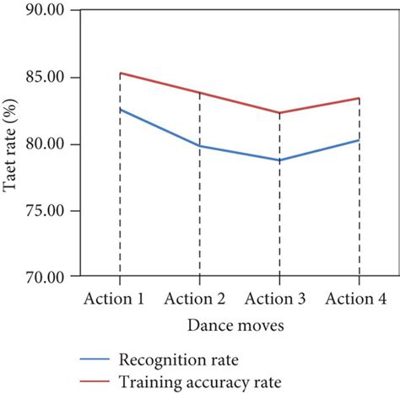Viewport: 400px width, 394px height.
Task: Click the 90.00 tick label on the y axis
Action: (x=44, y=12)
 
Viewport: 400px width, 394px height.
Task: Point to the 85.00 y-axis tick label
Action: (x=44, y=78)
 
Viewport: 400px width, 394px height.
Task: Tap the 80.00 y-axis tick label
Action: (x=44, y=144)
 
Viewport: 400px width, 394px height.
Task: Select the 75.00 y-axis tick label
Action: (x=44, y=211)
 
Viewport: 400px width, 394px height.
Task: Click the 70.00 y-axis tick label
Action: (x=44, y=277)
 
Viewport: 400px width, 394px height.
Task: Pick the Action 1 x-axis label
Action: (x=119, y=299)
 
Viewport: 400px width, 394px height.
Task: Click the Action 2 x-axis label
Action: (x=199, y=299)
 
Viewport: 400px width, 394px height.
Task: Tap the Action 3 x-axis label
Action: (x=279, y=299)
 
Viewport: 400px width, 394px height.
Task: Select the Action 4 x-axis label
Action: (x=359, y=299)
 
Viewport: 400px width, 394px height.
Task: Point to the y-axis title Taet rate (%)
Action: (x=11, y=145)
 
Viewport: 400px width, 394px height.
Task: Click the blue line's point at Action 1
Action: (x=120, y=110)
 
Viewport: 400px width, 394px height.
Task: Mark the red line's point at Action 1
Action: (x=120, y=73)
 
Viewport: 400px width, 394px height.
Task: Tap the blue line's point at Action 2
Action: (x=199, y=146)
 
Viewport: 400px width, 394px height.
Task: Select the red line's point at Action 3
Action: (x=279, y=113)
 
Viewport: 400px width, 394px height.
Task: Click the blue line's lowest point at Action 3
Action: (x=279, y=160)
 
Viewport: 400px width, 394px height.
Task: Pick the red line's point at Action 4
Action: (x=359, y=99)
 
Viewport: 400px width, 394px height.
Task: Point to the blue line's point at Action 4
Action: (x=359, y=140)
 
